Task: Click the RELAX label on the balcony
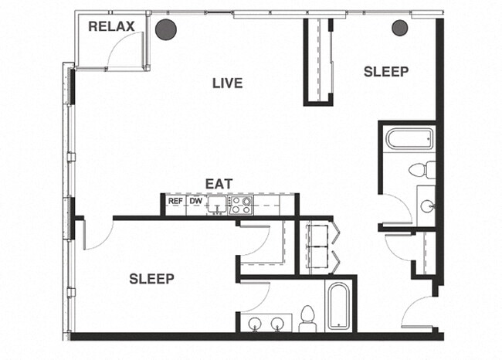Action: [111, 26]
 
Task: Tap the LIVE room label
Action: [228, 83]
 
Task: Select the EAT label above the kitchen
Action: [219, 184]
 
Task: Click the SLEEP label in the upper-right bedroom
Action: [386, 71]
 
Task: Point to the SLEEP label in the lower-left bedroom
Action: [151, 278]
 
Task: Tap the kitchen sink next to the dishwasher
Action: [219, 205]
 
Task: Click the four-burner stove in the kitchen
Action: [241, 205]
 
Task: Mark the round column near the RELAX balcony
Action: [166, 29]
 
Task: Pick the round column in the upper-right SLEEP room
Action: [399, 29]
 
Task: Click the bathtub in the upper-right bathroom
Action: [409, 140]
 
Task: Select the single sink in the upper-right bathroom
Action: [427, 206]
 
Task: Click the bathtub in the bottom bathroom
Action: [339, 307]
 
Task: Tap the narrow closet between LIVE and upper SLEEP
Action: [318, 60]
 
